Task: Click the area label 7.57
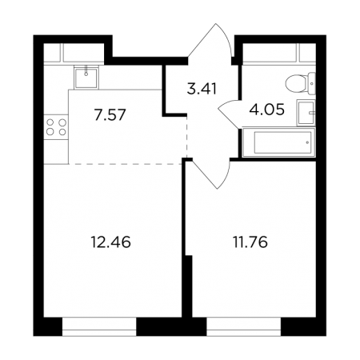(x=110, y=115)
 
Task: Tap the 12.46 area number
(x=110, y=242)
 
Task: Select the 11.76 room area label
(x=250, y=242)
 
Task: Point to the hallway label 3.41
(x=202, y=89)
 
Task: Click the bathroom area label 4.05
(x=266, y=110)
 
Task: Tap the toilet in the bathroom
(x=300, y=83)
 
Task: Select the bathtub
(x=279, y=142)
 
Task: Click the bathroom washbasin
(x=306, y=113)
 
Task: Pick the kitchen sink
(x=86, y=78)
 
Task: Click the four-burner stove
(x=56, y=127)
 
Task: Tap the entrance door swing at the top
(x=210, y=40)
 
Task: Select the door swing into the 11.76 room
(x=210, y=174)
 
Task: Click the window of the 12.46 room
(x=99, y=326)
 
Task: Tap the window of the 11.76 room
(x=244, y=326)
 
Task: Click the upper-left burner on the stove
(x=50, y=122)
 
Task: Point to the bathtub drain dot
(x=307, y=142)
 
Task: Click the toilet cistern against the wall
(x=312, y=83)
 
